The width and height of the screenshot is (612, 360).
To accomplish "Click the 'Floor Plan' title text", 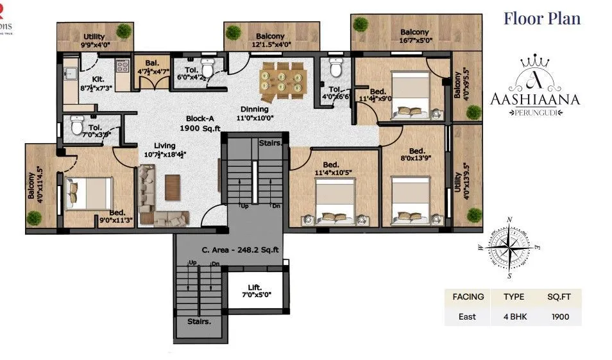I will (541, 18).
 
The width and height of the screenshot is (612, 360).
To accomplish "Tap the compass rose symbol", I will (510, 247).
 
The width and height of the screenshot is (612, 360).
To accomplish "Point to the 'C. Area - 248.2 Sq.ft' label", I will (229, 250).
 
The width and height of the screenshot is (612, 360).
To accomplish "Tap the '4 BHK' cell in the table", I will (514, 316).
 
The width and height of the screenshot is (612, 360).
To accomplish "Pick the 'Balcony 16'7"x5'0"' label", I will (414, 37).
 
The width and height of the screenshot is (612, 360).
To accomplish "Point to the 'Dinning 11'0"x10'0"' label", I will (255, 114).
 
